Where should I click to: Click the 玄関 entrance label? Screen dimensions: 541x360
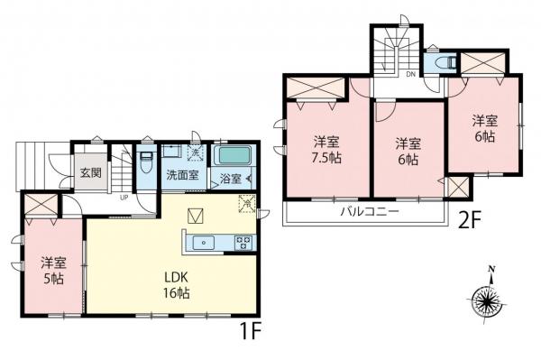(x=91, y=172)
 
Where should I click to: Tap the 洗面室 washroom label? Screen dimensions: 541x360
(x=182, y=175)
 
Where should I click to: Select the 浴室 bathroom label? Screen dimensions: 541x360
(x=231, y=180)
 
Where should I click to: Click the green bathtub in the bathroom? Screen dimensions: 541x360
(x=233, y=156)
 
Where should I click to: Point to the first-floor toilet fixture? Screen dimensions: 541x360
(x=147, y=162)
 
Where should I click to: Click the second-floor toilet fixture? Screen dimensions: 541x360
(x=447, y=63)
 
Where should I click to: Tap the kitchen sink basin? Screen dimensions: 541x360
(x=204, y=243)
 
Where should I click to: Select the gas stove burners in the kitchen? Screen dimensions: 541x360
(x=244, y=243)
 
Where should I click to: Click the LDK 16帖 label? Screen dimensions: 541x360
(x=177, y=285)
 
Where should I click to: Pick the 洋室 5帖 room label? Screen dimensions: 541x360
(x=53, y=271)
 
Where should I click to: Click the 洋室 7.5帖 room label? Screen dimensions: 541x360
(x=326, y=150)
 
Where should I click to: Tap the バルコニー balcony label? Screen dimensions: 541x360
(x=370, y=211)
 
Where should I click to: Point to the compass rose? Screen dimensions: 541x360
(x=488, y=298)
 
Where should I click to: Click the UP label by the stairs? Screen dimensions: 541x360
(x=124, y=198)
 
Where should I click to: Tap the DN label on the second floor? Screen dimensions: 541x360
(x=410, y=74)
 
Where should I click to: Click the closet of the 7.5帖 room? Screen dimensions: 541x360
(x=316, y=88)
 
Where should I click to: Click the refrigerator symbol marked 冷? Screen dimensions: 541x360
(x=247, y=204)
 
